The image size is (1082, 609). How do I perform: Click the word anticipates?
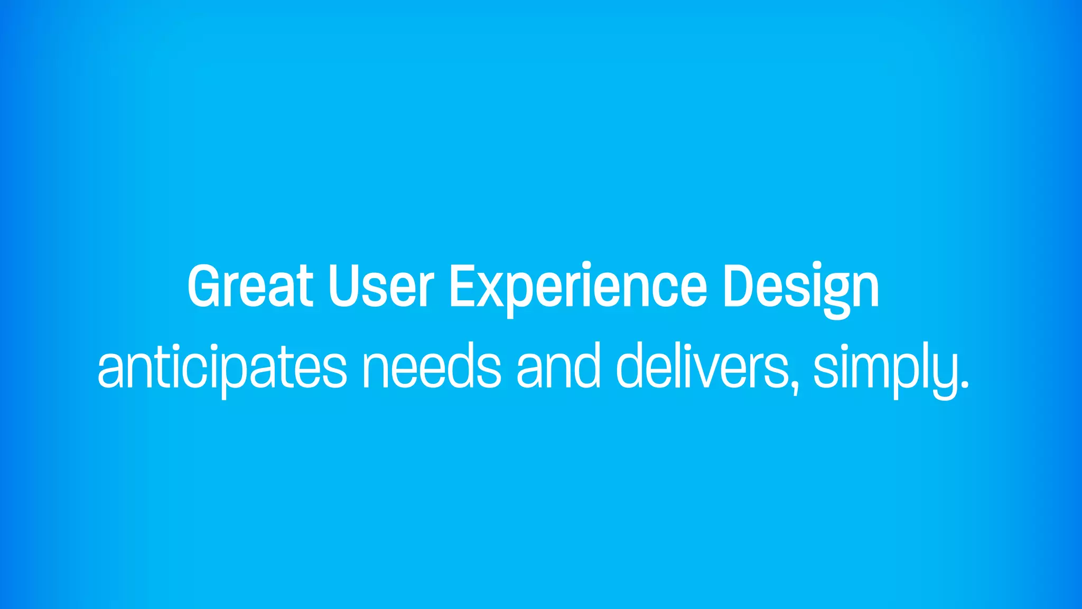coord(222,366)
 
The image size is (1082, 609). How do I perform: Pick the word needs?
coord(431,366)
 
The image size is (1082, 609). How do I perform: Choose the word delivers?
coord(703,366)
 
